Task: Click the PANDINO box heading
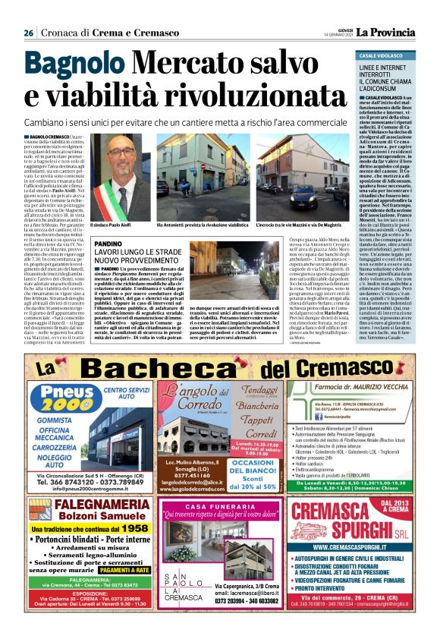tap(108, 244)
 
